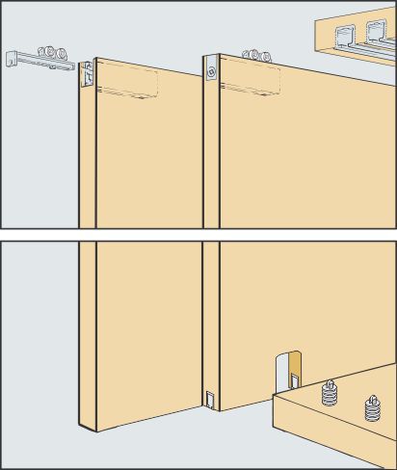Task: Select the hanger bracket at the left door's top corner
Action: [x=87, y=73]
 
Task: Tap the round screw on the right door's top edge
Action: [x=211, y=70]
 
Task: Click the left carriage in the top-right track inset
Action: [x=342, y=39]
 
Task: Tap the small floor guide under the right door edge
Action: [x=211, y=397]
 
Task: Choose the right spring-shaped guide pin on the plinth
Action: [x=371, y=410]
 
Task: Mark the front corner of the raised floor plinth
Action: [x=275, y=397]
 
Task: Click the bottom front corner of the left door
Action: [x=81, y=426]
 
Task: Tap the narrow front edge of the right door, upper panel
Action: [x=211, y=144]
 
